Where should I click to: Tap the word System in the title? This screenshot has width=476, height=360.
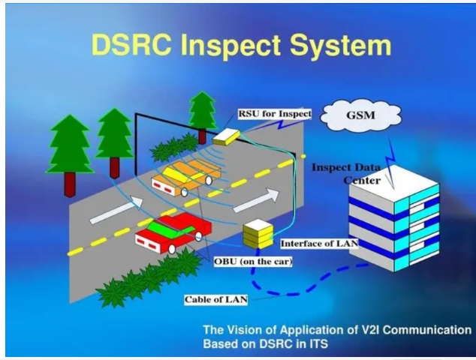tap(340, 46)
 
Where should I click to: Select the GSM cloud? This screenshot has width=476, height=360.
tap(361, 115)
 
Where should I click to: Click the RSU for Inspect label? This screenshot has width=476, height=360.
tap(275, 114)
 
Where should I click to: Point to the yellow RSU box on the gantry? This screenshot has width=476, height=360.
tap(226, 137)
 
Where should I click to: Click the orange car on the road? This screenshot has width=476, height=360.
tap(185, 178)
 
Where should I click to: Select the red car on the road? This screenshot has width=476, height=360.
tap(173, 232)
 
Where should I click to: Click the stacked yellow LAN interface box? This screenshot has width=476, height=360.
tap(258, 233)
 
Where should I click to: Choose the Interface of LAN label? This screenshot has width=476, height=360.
tap(319, 244)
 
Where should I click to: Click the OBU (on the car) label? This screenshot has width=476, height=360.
tap(253, 262)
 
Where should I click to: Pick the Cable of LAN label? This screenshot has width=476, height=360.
tap(215, 300)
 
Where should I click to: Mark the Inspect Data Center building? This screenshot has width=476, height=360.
tap(394, 218)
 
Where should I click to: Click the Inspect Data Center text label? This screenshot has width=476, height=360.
tap(346, 174)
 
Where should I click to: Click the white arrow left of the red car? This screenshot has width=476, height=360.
tap(116, 210)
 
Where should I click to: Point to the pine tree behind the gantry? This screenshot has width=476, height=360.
tap(203, 117)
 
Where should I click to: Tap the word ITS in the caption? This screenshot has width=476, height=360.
tap(319, 344)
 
